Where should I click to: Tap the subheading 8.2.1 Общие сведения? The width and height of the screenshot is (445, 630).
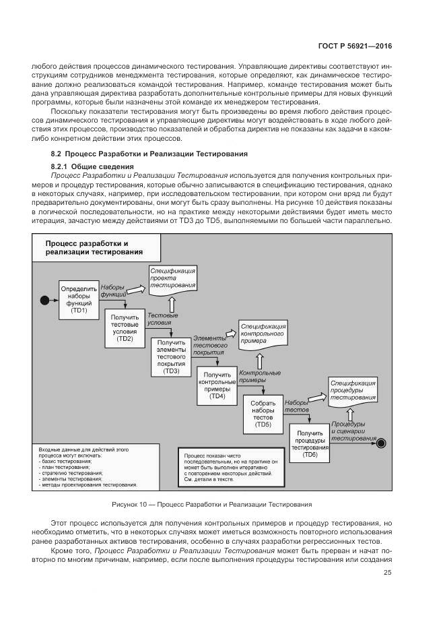pos(92,166)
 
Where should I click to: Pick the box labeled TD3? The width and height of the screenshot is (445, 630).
pos(172,357)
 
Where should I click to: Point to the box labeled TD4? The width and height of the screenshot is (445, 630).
pos(217,386)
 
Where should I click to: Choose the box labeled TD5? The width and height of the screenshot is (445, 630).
pos(263,414)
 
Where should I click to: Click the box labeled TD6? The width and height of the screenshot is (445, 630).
pos(309,443)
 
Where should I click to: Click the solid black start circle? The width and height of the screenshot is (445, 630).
pos(45,298)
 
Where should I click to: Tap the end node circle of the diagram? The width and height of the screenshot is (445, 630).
pos(381,443)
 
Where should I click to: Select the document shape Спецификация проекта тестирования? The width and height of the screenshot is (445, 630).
pos(173,278)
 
